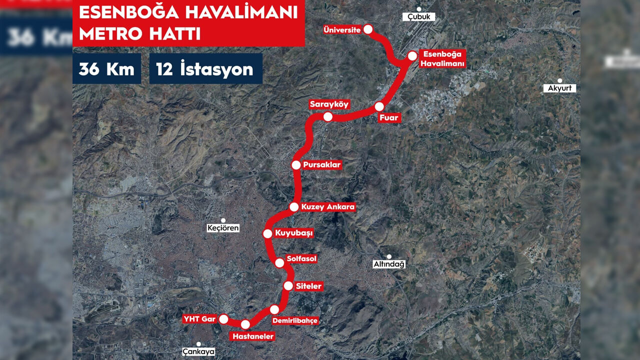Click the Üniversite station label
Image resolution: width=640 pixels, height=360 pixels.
coord(342,30)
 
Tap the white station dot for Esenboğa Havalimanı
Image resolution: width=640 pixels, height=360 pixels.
coord(412,56)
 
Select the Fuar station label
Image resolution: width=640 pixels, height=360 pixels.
coord(390,118)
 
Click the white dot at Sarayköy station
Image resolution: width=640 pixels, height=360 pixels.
coord(328,117)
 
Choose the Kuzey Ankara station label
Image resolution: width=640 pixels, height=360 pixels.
coord(328,206)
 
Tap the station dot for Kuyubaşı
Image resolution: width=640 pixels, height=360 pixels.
coord(267,233)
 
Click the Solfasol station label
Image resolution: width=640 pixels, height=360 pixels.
coord(301,258)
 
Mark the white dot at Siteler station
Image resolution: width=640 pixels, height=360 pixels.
coord(288,286)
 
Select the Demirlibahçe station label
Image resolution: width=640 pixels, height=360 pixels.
coord(295,320)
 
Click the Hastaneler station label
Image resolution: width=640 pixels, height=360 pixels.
coord(253,336)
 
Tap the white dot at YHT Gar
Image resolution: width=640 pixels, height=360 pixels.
coord(223,319)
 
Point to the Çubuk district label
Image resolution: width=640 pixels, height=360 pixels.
coord(418,16)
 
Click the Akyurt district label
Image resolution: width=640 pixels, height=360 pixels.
coord(559,88)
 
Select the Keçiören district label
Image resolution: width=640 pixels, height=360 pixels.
coord(223,228)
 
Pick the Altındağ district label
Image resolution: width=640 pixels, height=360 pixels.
coord(389,264)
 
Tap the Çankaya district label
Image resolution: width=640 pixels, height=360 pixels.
coord(198,351)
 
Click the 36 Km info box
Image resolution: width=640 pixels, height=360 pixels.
coord(106,69)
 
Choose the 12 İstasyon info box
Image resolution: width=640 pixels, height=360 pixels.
coord(205,69)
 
